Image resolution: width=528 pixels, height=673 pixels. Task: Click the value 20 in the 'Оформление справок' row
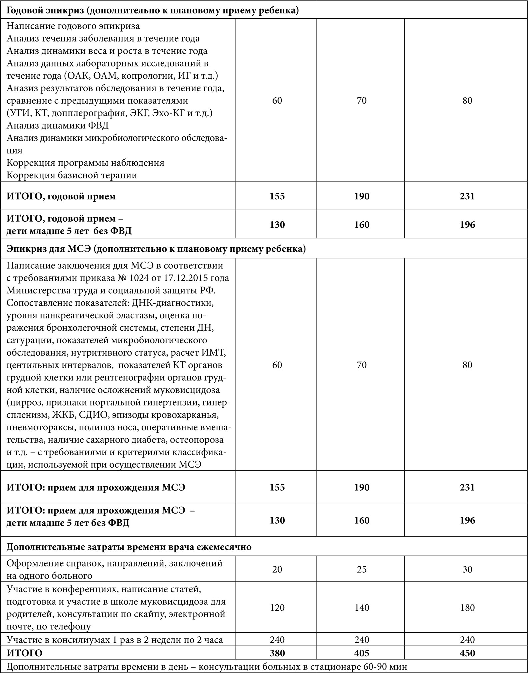[277, 569]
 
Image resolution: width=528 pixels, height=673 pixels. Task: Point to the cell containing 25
[362, 569]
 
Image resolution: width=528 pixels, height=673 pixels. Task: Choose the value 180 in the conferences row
[467, 607]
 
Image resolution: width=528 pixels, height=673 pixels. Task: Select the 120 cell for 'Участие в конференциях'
[277, 607]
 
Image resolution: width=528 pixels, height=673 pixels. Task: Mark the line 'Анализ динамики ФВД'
[58, 125]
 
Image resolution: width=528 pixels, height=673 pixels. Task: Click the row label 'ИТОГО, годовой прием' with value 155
[61, 196]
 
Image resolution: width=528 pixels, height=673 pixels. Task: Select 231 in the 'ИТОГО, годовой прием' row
[467, 196]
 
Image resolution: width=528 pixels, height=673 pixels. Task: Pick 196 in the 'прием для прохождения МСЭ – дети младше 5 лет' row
[467, 520]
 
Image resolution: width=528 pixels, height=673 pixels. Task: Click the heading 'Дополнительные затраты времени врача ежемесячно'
[129, 547]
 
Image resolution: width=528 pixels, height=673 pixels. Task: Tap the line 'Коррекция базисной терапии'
[72, 175]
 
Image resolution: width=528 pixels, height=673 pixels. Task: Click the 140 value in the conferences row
[362, 607]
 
